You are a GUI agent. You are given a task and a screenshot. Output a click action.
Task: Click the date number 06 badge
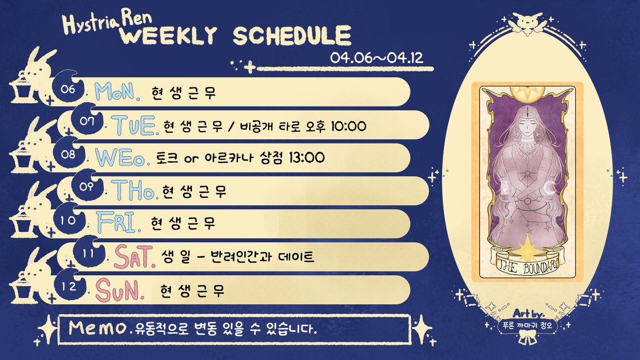69,89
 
